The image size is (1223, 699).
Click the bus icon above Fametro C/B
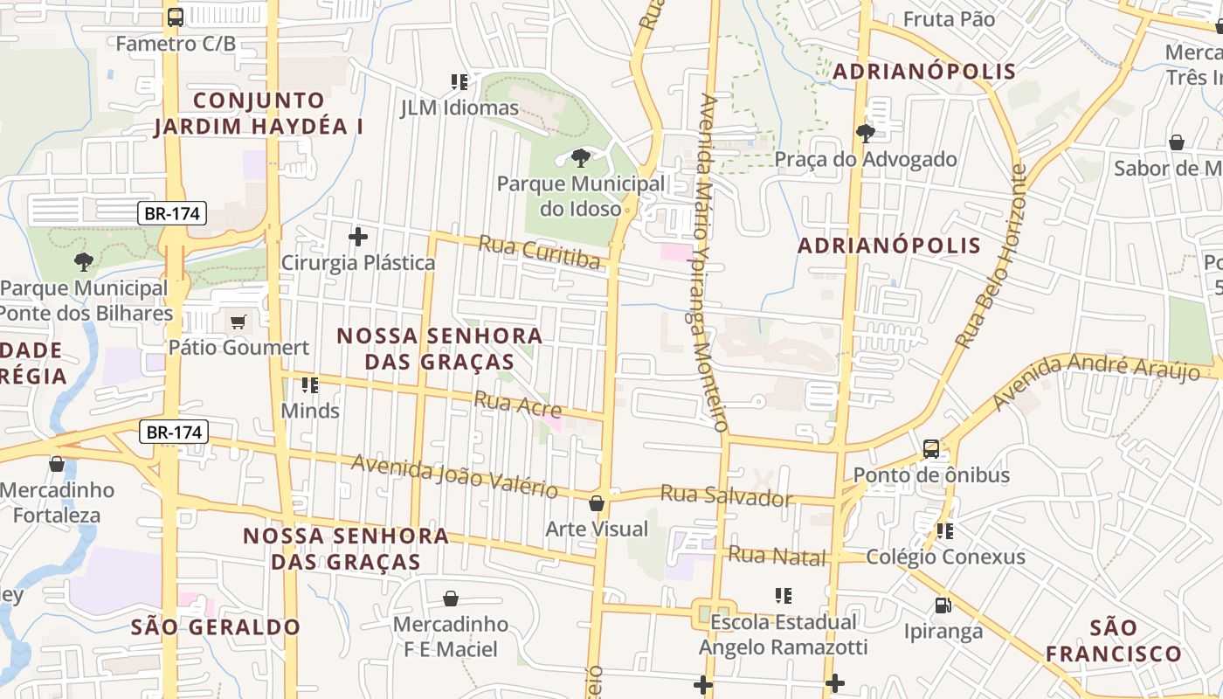[176, 17]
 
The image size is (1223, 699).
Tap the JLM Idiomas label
[459, 108]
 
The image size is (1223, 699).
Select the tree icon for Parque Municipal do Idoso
[580, 158]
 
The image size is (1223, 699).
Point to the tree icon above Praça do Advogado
[866, 134]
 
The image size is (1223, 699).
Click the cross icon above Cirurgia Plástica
[357, 236]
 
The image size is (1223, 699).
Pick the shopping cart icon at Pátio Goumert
[238, 322]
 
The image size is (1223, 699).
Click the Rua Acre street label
[517, 405]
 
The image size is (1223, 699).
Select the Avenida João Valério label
[454, 476]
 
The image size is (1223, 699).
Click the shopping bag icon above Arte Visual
[597, 503]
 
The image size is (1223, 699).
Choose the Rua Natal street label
[777, 555]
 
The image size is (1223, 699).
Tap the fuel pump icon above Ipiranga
[943, 605]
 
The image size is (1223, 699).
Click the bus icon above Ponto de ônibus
[931, 449]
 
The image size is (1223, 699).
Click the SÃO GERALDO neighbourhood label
[216, 626]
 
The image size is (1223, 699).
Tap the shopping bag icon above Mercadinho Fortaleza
[57, 464]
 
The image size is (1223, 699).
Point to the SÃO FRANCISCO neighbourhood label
[1114, 640]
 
